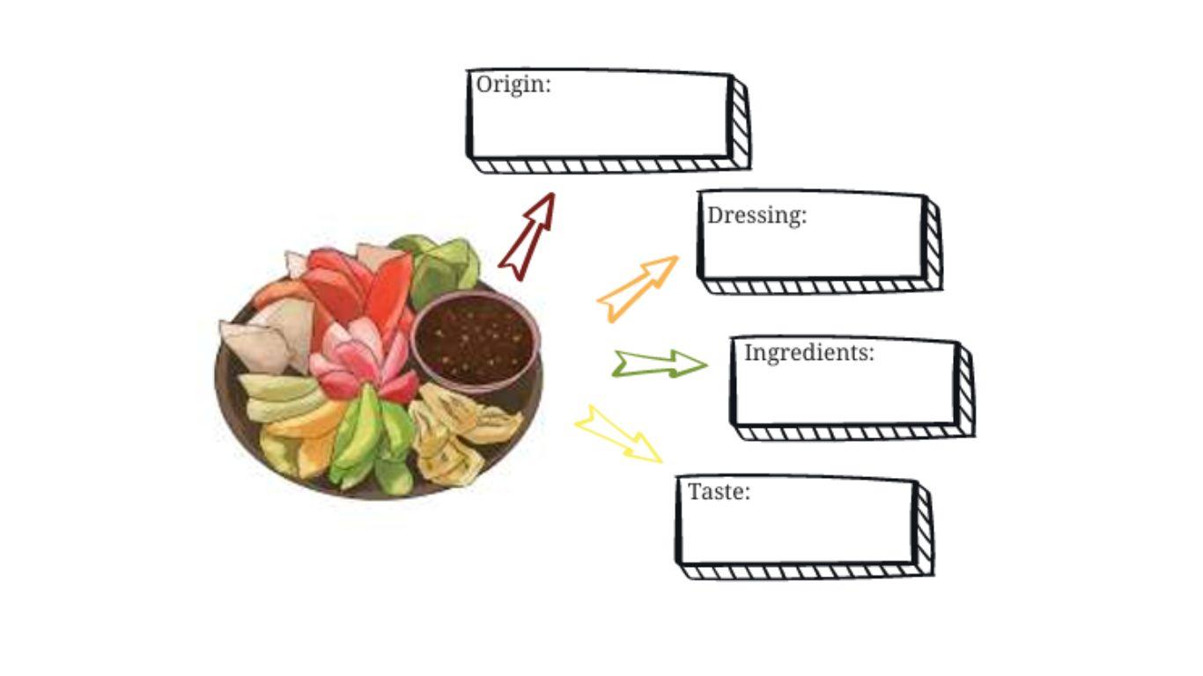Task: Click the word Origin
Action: (x=513, y=85)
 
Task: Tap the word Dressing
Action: (x=756, y=216)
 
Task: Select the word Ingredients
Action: (x=808, y=353)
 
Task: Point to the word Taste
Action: (x=718, y=491)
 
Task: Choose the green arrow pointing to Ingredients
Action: (x=660, y=364)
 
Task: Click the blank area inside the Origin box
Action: (x=599, y=123)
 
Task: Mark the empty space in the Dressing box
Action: (x=810, y=251)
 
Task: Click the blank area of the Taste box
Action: (x=797, y=531)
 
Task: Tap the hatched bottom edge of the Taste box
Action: (x=806, y=572)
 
